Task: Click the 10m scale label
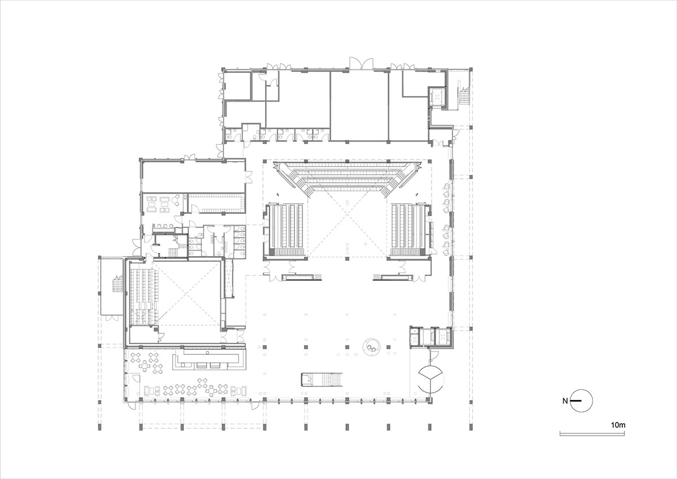(618, 424)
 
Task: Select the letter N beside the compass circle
(565, 401)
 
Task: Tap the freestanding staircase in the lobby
(322, 380)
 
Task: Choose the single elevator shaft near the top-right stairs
(436, 98)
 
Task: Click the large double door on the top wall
(359, 63)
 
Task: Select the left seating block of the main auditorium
(287, 228)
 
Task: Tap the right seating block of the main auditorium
(407, 228)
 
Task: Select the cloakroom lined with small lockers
(217, 203)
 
